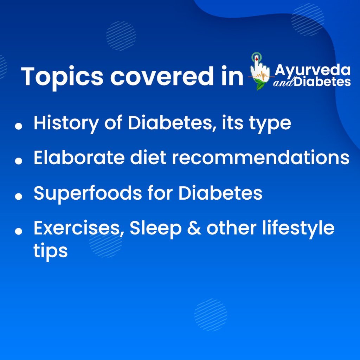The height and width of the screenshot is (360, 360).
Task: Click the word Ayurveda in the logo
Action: (313, 70)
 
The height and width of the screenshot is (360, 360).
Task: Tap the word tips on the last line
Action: (51, 250)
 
